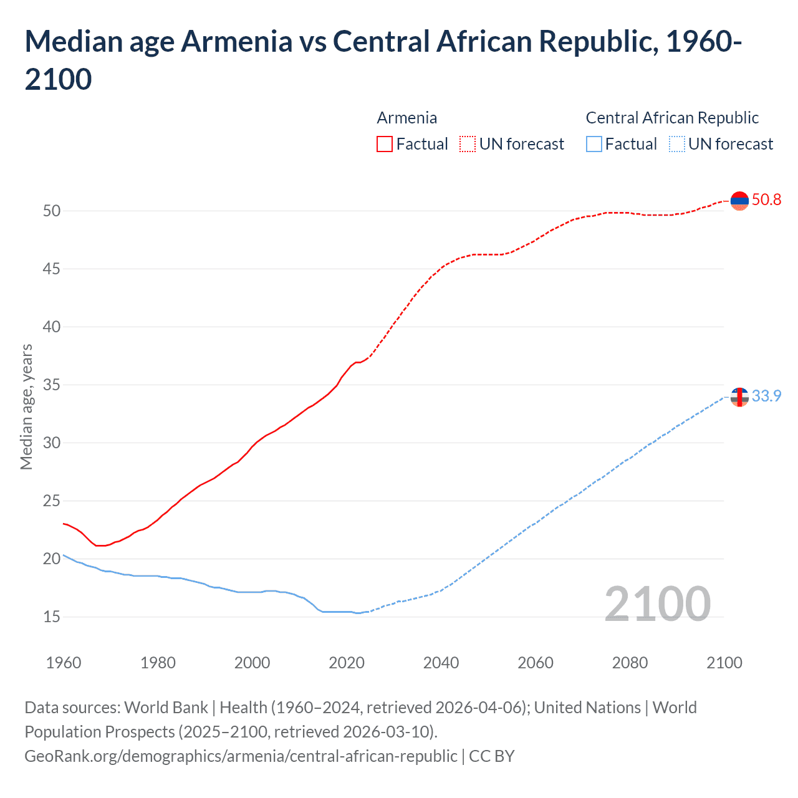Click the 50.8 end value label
[766, 199]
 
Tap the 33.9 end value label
[766, 396]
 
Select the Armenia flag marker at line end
[739, 201]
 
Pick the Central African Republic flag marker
[739, 397]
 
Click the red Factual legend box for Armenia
[385, 144]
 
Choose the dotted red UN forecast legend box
[468, 144]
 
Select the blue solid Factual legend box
[594, 144]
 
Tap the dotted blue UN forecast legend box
[677, 144]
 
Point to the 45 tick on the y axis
[52, 269]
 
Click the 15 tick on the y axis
[52, 617]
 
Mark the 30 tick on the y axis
[52, 443]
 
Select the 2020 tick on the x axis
[347, 662]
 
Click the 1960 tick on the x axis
[64, 662]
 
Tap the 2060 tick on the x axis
[536, 662]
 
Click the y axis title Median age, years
[26, 406]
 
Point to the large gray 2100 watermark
[658, 603]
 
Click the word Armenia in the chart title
[237, 42]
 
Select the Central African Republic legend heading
[672, 118]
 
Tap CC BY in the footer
[492, 756]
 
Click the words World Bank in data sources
[166, 708]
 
